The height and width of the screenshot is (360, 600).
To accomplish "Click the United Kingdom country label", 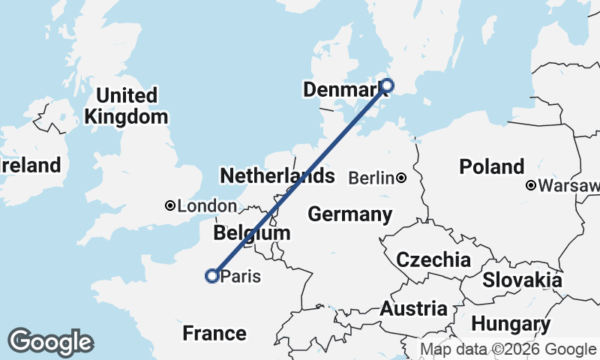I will (x=125, y=106).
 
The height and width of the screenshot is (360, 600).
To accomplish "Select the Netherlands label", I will (x=277, y=176).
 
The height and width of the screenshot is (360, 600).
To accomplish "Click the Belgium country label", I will (x=251, y=233).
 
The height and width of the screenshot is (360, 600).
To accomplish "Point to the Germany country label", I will (x=349, y=214).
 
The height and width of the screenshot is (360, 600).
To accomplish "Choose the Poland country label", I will (x=492, y=166).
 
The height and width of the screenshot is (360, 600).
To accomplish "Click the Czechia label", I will (x=433, y=260).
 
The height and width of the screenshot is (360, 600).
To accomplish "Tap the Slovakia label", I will (x=522, y=280).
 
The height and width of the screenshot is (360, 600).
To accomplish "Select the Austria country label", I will (x=413, y=308).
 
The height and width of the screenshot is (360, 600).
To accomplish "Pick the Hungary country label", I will (x=511, y=325).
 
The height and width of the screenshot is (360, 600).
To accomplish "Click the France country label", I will (x=214, y=333).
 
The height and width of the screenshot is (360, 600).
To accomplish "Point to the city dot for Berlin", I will (x=402, y=178).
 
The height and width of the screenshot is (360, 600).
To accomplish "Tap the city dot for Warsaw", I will (x=531, y=184).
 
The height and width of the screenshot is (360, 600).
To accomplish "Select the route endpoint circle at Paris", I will (x=212, y=276).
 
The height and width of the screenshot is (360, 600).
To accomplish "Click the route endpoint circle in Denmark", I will (x=387, y=85).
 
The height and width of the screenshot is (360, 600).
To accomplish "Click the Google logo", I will (x=50, y=342).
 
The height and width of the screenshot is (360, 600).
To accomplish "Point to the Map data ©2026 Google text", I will (x=508, y=349).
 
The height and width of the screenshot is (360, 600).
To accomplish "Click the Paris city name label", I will (x=241, y=277).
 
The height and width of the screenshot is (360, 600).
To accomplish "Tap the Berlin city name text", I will (x=372, y=178).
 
